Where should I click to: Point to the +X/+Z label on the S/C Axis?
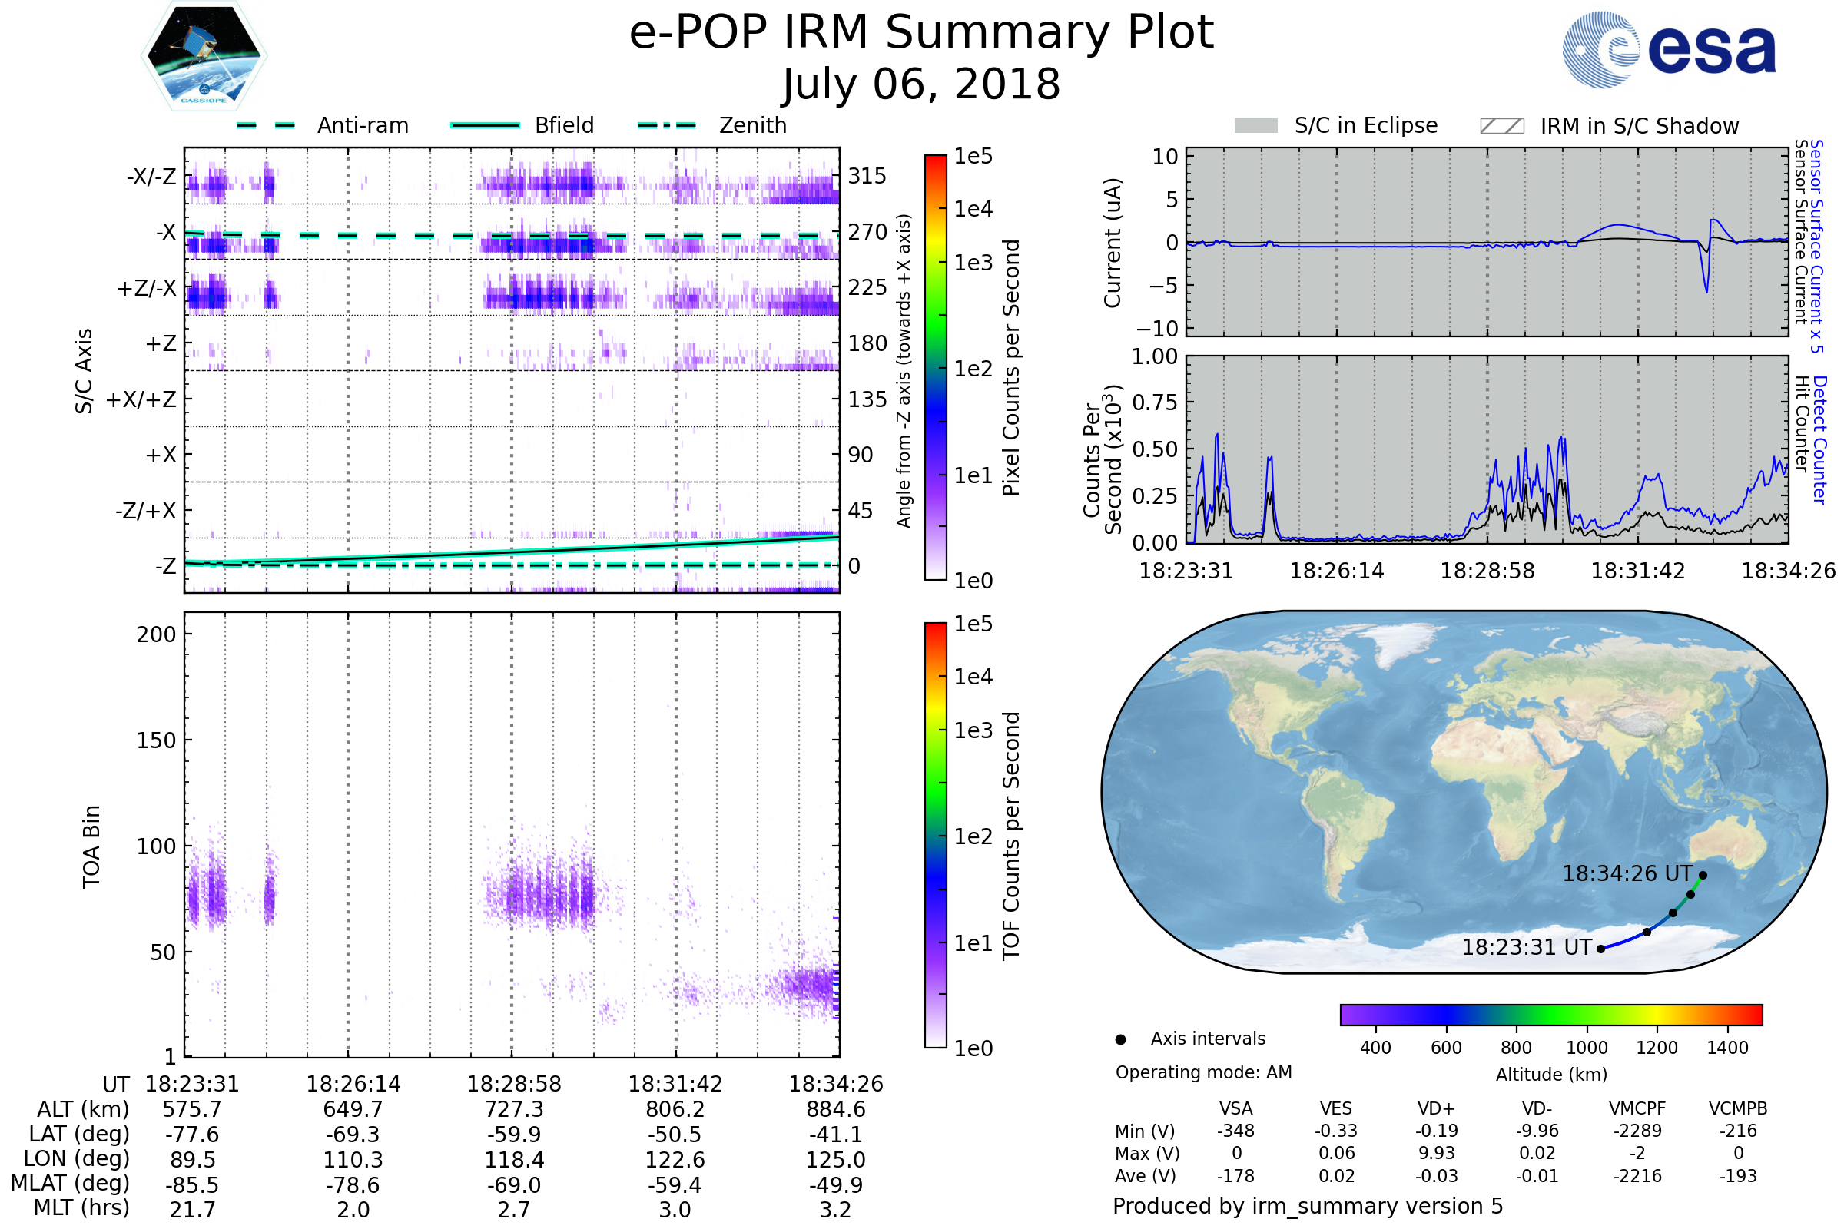coord(141,399)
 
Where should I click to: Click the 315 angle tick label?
coord(867,176)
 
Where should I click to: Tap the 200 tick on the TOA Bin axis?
coord(156,634)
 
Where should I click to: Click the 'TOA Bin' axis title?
coord(91,846)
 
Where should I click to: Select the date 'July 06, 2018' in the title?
coord(921,84)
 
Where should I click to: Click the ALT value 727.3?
coord(513,1109)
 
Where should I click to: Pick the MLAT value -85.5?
coord(192,1184)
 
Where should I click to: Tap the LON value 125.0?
coord(835,1159)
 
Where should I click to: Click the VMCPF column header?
coord(1637,1108)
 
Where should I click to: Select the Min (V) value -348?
coord(1235,1131)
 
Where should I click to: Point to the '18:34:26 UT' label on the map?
coord(1627,873)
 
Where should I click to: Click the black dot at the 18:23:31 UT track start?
coord(1601,949)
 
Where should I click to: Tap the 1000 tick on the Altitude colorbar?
coord(1587,1047)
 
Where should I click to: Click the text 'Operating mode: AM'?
coord(1203,1072)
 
